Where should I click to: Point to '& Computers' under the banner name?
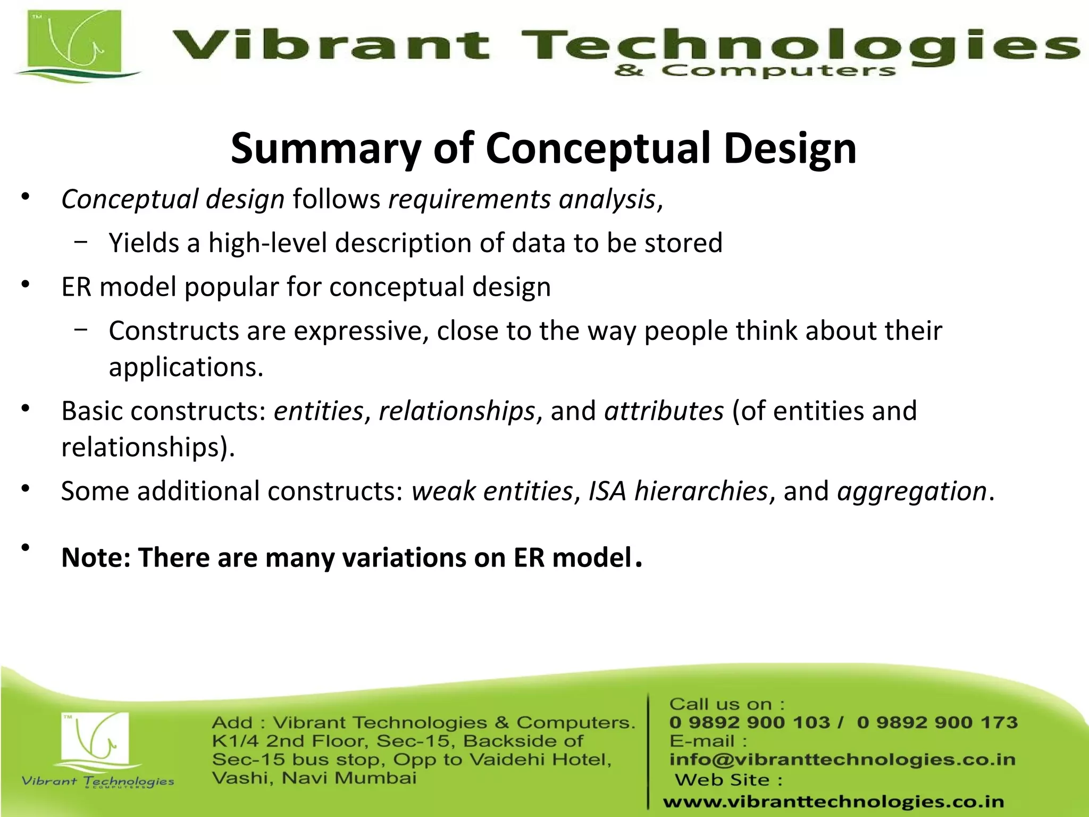click(x=755, y=71)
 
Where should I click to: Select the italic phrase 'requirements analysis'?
click(x=522, y=199)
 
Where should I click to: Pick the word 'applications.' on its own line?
click(x=186, y=367)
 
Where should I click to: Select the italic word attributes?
click(x=664, y=411)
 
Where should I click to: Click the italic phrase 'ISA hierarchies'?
click(x=678, y=491)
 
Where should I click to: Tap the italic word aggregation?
click(x=912, y=491)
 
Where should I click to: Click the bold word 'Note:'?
click(x=96, y=558)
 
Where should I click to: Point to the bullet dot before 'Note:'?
click(x=25, y=547)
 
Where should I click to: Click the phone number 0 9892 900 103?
click(x=749, y=722)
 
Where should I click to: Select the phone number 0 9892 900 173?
click(x=937, y=722)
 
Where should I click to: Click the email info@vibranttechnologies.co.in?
click(x=842, y=760)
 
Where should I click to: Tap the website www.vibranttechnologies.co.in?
click(x=834, y=802)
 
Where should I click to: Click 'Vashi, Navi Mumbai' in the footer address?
click(x=314, y=778)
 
